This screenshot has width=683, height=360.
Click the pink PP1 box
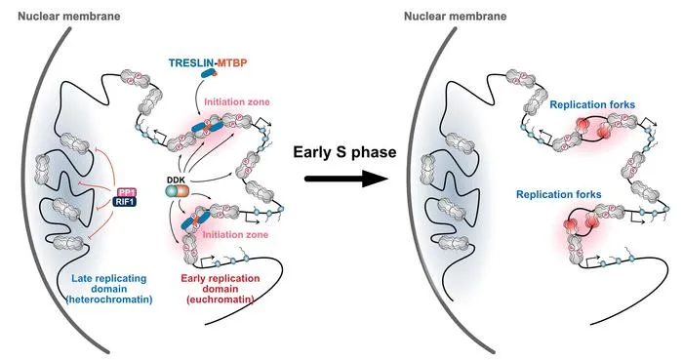coord(127,192)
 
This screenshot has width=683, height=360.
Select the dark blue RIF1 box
coord(127,202)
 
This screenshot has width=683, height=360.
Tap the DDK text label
coord(176,180)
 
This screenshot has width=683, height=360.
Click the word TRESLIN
coord(191,62)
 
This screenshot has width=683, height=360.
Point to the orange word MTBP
coord(232,62)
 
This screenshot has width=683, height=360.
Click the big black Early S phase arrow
coord(345,178)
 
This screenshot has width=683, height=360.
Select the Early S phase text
coord(344,152)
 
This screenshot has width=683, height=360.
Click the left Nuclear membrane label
coord(69,17)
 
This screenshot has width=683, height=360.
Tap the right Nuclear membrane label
coord(456,17)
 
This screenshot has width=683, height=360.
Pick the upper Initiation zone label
coord(237,101)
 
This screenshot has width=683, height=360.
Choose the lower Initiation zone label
coord(235,234)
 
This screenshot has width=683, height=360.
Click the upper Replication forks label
coord(592,105)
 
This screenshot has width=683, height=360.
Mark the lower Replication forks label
coord(559,194)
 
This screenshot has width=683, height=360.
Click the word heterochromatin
coord(109,300)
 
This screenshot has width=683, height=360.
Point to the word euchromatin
coord(220,300)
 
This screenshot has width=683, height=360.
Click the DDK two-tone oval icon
coord(177,192)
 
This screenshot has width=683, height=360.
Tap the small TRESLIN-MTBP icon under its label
coord(209,74)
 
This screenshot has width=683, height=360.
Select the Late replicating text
coord(109,279)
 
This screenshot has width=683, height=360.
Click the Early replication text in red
coord(221,279)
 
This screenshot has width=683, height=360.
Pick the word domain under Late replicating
coord(109,289)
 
